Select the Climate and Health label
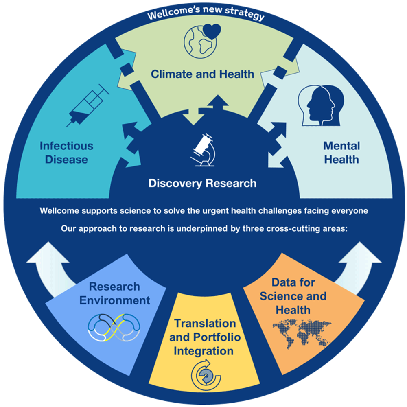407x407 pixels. pos(202,74)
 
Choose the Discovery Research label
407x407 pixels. pos(202,183)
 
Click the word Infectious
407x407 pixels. pos(66,146)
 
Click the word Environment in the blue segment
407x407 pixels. pos(114,300)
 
